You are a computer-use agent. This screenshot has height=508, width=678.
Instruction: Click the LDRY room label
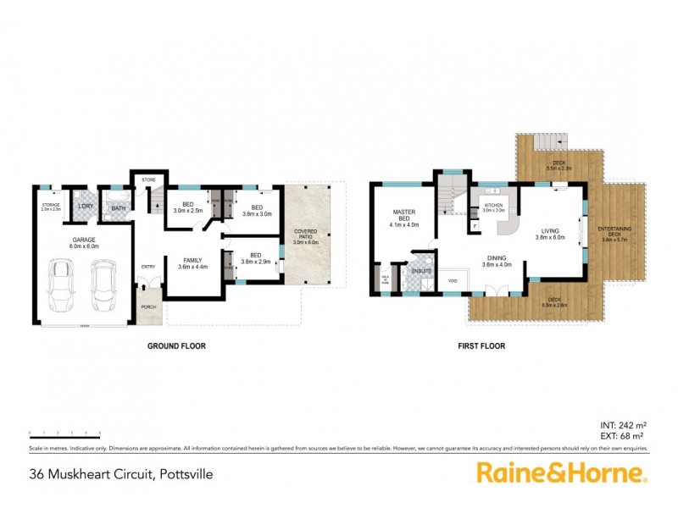pos(86,207)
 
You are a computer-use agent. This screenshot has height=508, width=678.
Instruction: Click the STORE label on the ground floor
pos(149,179)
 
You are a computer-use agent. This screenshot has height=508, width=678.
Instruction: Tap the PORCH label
pos(149,306)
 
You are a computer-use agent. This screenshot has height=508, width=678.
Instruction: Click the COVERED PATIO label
pos(305,235)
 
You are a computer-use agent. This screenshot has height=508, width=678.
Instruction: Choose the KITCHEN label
pos(493,205)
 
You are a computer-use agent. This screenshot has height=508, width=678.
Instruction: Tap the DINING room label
pos(497,259)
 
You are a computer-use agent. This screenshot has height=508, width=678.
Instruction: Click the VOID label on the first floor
pos(453,280)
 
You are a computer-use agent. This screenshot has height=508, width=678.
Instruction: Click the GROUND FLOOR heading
pos(177,345)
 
